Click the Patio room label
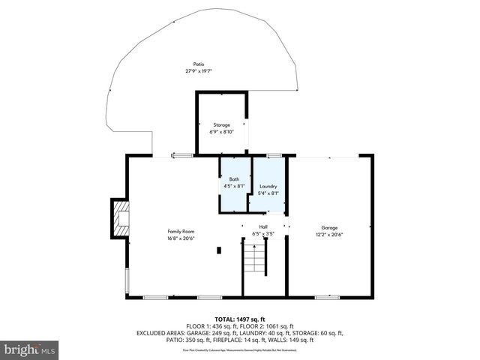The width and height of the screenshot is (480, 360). tap(199, 64)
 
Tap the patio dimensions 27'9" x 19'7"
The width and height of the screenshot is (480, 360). tap(199, 71)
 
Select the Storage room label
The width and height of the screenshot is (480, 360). tap(221, 124)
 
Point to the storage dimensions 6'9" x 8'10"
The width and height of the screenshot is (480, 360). tap(221, 131)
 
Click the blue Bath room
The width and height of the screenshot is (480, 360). tap(235, 185)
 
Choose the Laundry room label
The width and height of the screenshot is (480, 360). tap(268, 186)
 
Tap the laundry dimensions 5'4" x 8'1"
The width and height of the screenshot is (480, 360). tap(268, 193)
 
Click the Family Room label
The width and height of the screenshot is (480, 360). tap(181, 232)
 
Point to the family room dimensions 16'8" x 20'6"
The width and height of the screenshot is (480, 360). tap(181, 238)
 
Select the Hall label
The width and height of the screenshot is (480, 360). tap(263, 226)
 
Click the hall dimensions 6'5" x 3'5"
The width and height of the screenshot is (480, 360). tap(263, 233)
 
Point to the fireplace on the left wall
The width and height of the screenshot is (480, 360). tap(119, 218)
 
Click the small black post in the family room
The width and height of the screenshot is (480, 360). tap(218, 250)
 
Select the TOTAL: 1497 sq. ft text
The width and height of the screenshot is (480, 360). tap(239, 319)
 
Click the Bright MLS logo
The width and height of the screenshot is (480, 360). tap(30, 349)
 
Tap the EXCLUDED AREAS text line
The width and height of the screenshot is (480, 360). tap(239, 332)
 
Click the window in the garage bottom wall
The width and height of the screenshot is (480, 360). tap(327, 298)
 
